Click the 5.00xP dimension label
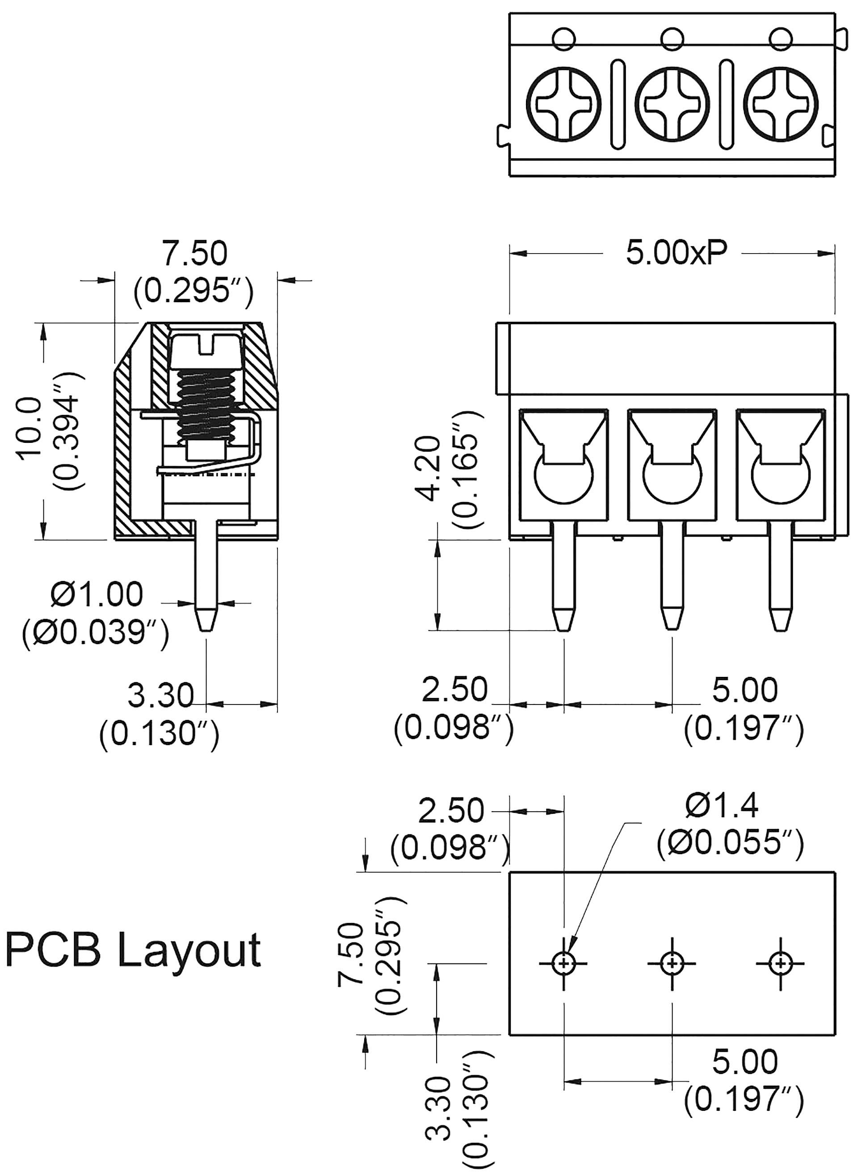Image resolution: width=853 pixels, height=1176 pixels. [676, 253]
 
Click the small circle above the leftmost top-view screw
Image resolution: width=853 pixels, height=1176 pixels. [563, 39]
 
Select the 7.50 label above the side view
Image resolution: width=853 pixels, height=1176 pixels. [194, 253]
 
